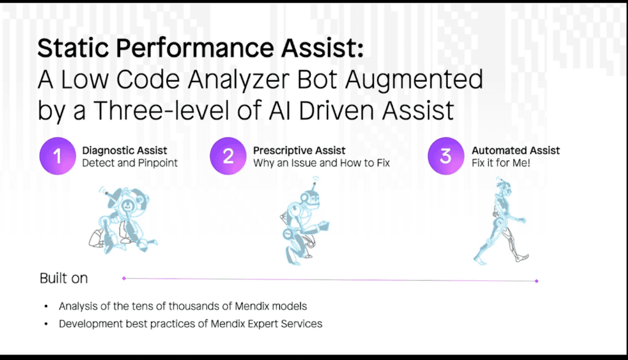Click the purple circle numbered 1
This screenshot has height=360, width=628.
58,156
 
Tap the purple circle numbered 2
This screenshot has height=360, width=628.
228,156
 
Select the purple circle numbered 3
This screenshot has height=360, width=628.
446,156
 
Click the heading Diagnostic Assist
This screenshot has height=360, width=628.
124,151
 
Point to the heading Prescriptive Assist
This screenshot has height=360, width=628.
299,151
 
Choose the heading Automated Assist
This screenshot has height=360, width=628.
516,151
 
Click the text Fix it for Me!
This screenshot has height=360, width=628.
501,163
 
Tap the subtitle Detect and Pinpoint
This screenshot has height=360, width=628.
130,163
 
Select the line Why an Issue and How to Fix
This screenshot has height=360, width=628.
321,163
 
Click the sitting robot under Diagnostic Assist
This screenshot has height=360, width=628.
123,220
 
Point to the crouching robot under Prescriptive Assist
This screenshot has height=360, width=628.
304,221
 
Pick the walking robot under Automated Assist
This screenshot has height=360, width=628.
500,221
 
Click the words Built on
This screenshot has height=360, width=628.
64,278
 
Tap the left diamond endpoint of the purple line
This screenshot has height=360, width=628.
124,278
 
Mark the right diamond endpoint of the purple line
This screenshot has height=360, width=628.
537,281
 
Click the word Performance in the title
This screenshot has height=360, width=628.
194,48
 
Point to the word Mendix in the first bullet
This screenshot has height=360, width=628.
252,307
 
